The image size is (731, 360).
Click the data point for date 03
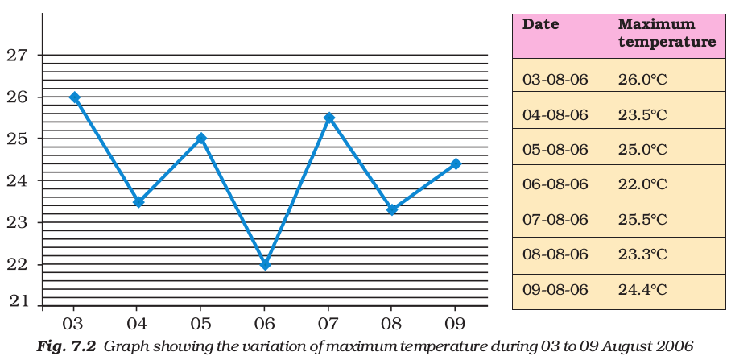point(75,97)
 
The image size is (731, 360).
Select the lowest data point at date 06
point(265,264)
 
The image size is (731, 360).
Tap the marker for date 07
point(328,118)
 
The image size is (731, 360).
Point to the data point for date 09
point(456,163)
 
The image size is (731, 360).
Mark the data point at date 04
point(138,201)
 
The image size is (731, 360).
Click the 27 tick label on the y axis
point(17,56)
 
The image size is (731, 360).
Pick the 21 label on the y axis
point(17,302)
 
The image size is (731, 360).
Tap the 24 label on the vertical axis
point(17,180)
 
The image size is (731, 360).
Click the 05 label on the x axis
point(201,320)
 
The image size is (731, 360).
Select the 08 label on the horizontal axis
point(392,320)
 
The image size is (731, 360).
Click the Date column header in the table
point(541,24)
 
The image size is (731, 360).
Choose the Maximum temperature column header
point(666,33)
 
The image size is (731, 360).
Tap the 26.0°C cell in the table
point(642,80)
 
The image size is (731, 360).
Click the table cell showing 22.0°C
point(642,184)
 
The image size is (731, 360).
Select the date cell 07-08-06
point(555,220)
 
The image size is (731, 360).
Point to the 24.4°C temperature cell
point(642,289)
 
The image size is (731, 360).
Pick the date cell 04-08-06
point(555,115)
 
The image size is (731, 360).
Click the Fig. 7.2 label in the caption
point(67,347)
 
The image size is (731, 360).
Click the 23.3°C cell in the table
point(642,254)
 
